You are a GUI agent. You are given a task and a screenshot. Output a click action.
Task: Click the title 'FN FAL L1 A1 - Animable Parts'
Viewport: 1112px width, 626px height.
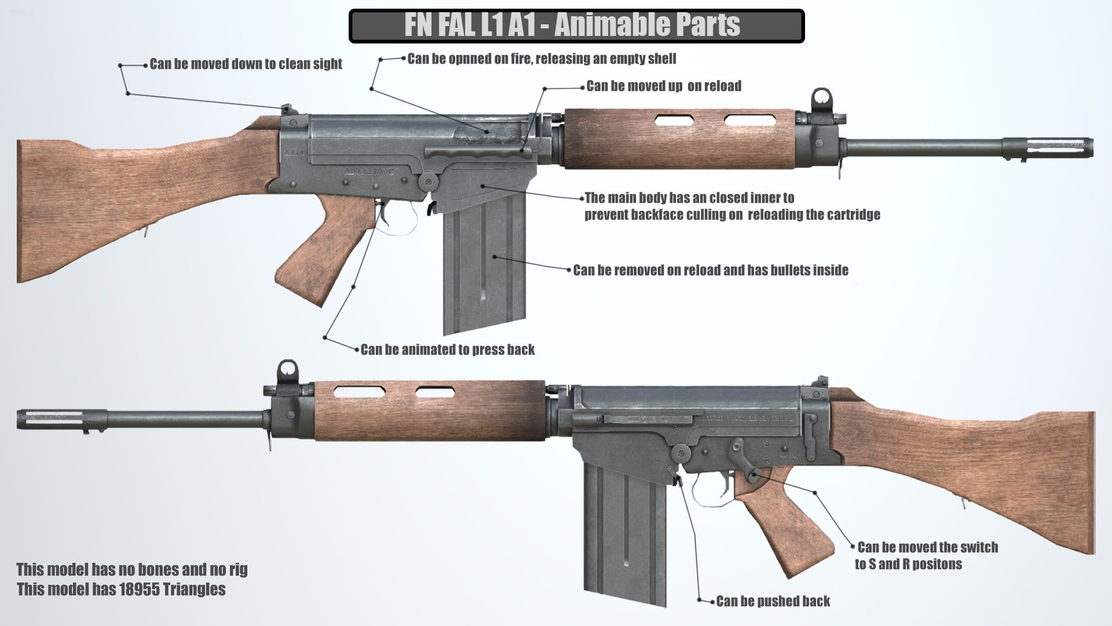(x=572, y=26)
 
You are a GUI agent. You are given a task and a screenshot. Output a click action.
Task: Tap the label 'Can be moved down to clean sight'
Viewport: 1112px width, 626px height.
(x=246, y=64)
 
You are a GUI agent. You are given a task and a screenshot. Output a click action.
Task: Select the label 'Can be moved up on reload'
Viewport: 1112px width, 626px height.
(x=664, y=86)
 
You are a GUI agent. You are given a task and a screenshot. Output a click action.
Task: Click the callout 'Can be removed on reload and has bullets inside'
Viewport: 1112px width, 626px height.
(x=711, y=270)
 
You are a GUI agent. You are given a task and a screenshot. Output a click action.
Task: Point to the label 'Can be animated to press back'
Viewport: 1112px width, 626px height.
(x=447, y=350)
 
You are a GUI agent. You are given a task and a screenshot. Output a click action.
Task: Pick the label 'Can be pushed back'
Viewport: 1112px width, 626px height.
(x=773, y=601)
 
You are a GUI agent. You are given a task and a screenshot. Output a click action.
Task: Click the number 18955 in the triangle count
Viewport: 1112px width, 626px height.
(x=140, y=589)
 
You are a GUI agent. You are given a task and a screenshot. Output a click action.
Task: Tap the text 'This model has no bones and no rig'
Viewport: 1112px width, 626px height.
(x=131, y=569)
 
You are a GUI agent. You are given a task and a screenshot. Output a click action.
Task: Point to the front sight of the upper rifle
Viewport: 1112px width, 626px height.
(x=821, y=100)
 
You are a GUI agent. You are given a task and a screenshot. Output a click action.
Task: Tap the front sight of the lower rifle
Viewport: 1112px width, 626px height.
(x=288, y=371)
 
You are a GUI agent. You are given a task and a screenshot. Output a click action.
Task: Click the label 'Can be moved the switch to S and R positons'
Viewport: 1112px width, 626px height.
(x=926, y=555)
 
